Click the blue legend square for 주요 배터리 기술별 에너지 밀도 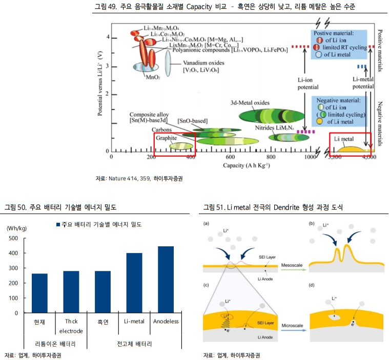coord(57,224)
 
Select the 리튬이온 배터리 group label coord(55,343)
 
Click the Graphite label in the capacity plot coord(167,138)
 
